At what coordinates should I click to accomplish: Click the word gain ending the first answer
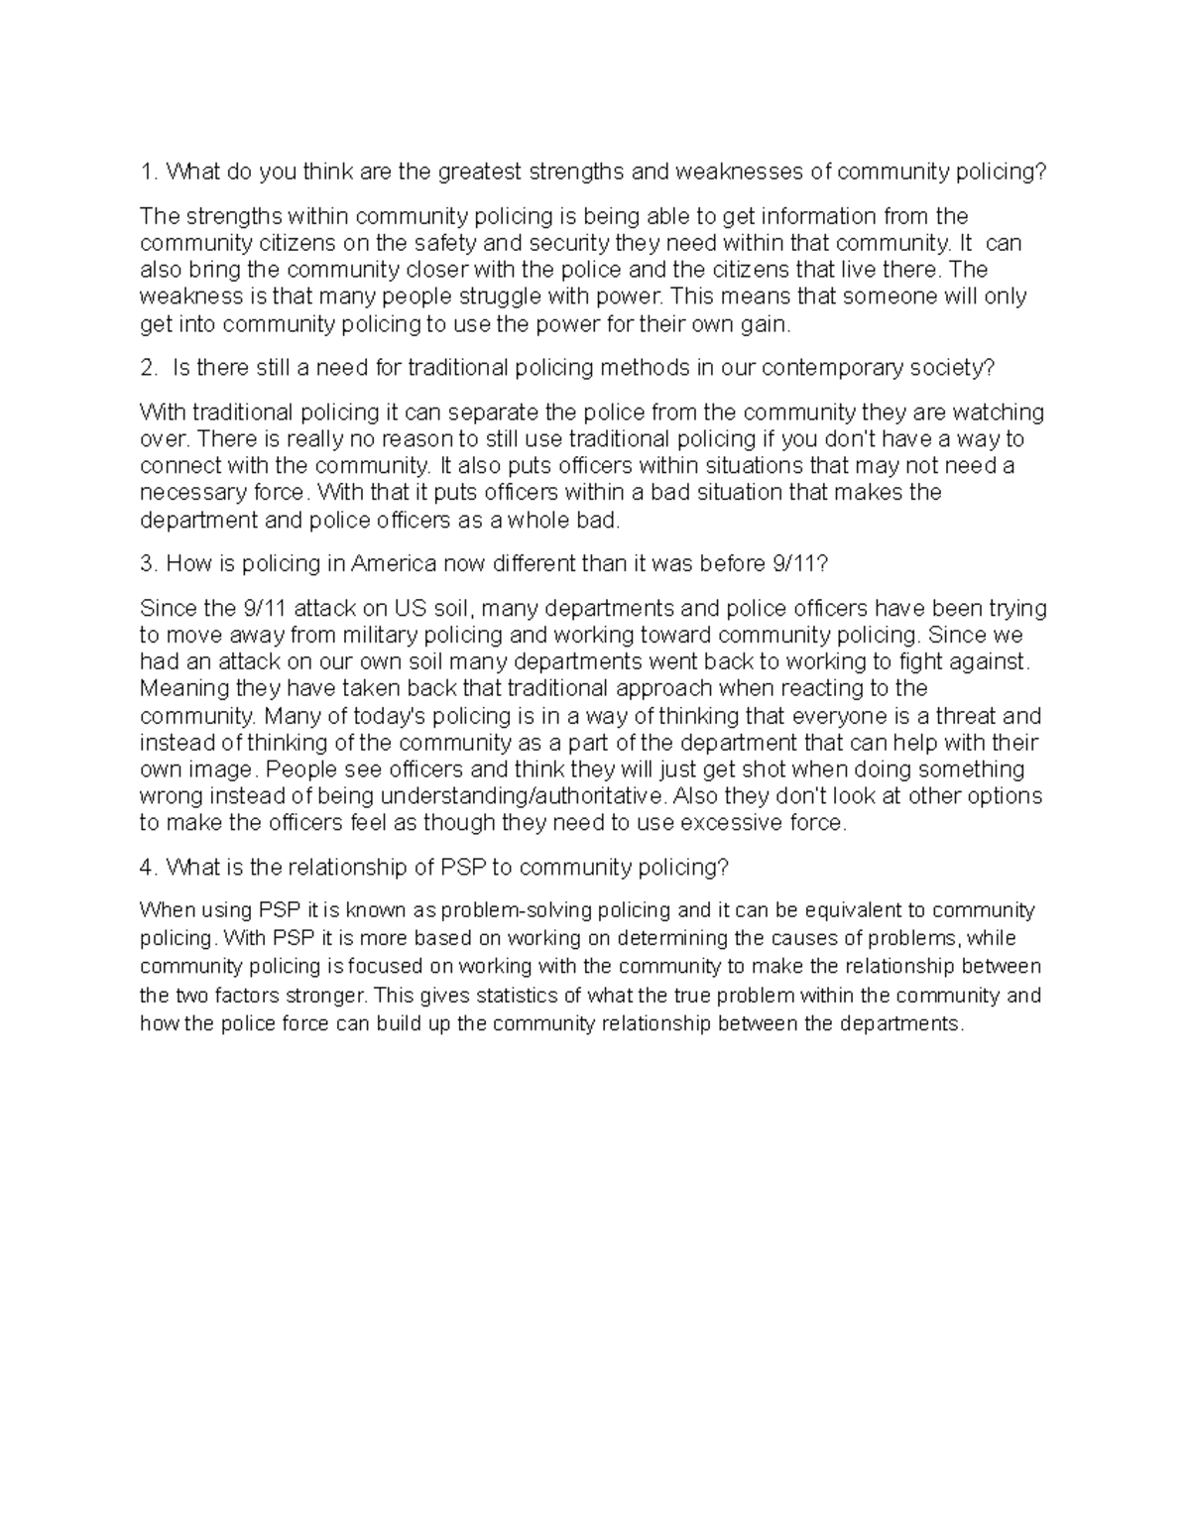point(770,323)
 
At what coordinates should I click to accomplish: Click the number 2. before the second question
point(149,368)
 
